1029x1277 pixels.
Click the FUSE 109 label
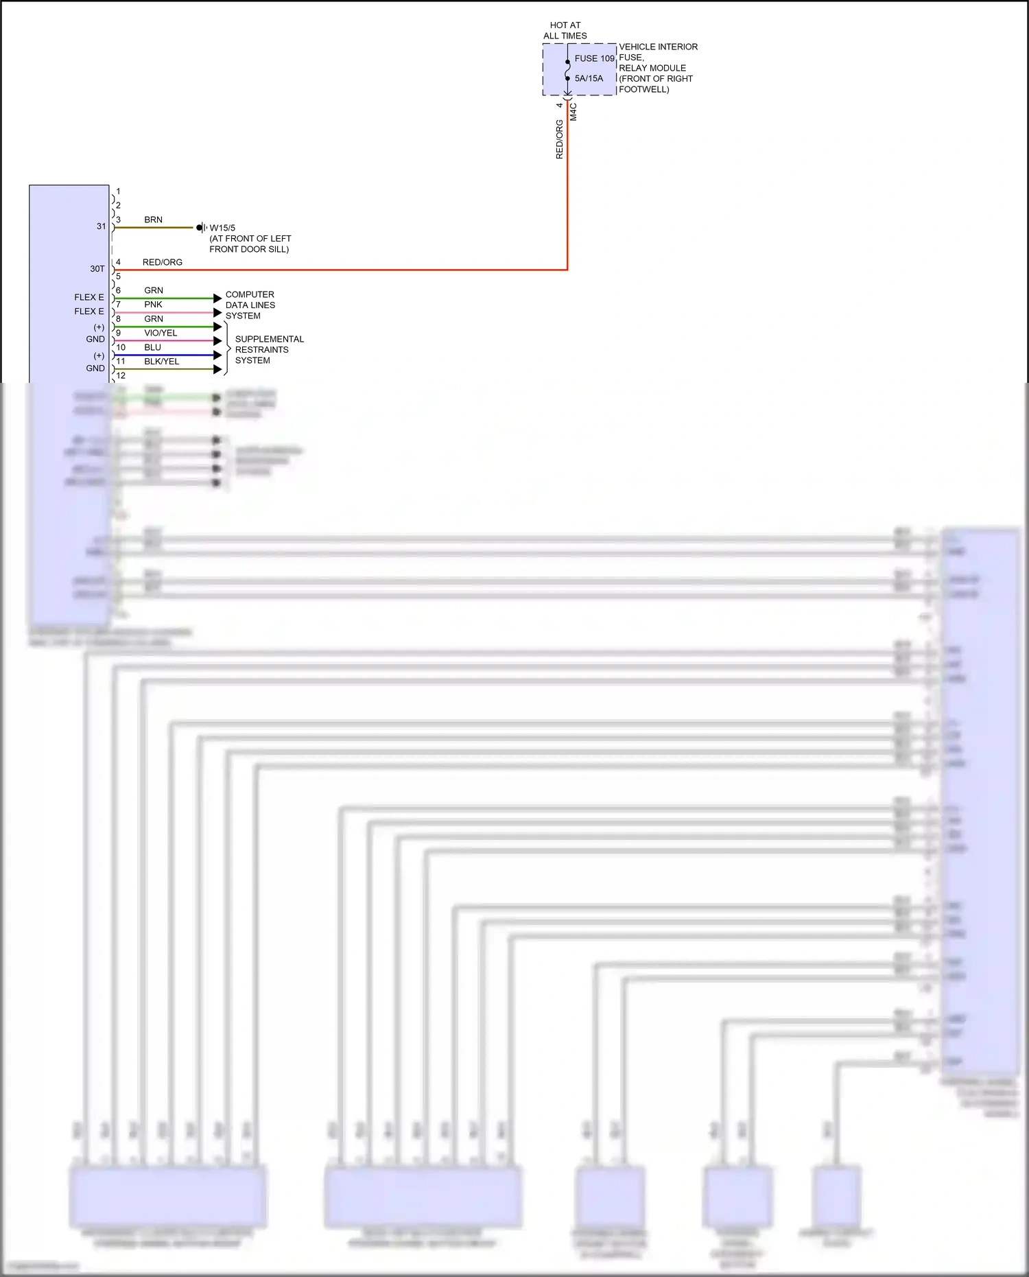click(594, 58)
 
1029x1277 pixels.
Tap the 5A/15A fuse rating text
click(589, 78)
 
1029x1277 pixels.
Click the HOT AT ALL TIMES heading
click(565, 30)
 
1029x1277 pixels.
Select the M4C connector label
click(573, 112)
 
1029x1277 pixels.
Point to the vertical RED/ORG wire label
click(559, 139)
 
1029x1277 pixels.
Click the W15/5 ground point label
click(222, 228)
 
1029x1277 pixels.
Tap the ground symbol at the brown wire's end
click(201, 227)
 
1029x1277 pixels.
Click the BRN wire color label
click(153, 220)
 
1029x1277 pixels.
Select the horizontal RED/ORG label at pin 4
click(163, 262)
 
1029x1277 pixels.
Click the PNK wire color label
click(153, 304)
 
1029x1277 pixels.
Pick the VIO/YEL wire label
click(161, 333)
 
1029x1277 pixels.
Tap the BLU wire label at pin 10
click(152, 347)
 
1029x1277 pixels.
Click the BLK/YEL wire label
click(161, 362)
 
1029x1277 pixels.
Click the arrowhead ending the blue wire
click(217, 355)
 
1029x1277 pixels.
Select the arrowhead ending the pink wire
click(217, 312)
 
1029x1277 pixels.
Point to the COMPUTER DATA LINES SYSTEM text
click(250, 305)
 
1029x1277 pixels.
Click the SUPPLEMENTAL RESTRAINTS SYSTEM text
click(269, 349)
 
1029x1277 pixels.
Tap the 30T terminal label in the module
click(97, 269)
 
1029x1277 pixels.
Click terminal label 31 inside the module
click(101, 226)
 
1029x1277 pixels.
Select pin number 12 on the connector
click(121, 375)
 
